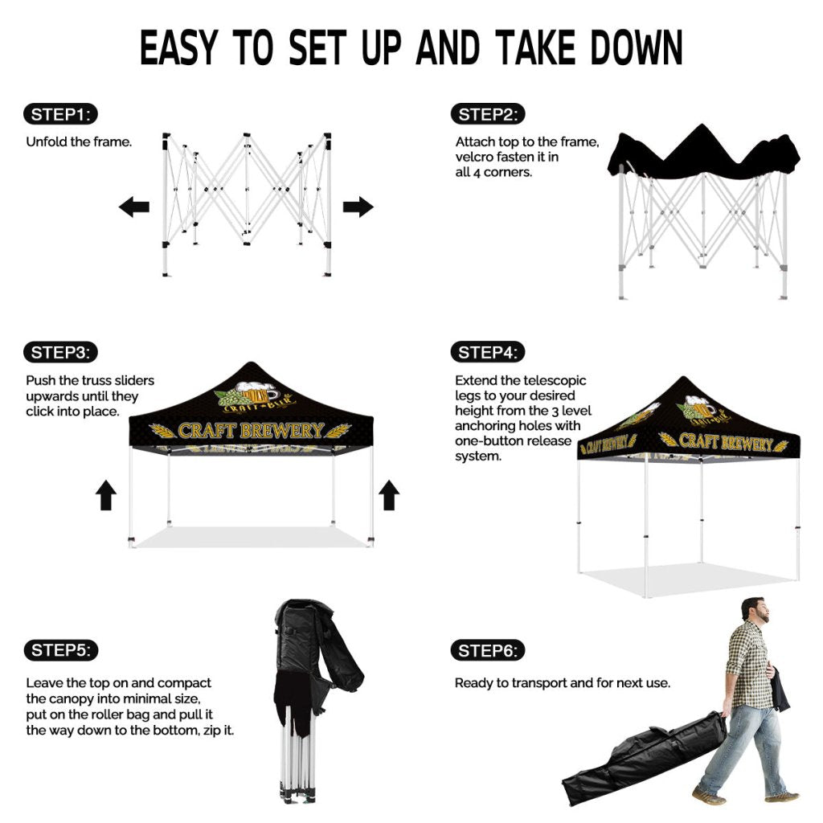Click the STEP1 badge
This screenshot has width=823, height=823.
tap(60, 114)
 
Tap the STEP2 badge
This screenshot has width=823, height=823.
tap(488, 114)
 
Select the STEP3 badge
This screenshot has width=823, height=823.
tap(60, 352)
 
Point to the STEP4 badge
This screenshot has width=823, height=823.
tap(488, 352)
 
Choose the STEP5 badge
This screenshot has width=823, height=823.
tap(61, 650)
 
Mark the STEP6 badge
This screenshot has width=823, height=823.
tap(488, 651)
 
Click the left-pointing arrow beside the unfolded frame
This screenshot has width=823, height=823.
tap(134, 207)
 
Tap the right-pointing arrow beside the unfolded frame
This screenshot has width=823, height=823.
tap(358, 207)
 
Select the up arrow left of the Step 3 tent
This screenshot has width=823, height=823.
tap(106, 495)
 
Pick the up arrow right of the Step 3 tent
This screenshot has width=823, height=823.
tap(389, 495)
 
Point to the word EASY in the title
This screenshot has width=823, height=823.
tap(179, 47)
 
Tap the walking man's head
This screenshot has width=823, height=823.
tap(755, 609)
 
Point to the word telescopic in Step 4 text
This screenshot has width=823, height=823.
tap(555, 380)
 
